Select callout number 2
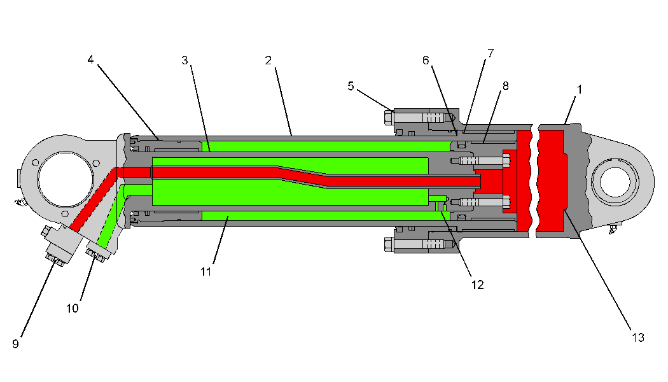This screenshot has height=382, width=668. click(268, 60)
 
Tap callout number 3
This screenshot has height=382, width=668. click(185, 60)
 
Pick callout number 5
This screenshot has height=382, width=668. click(351, 86)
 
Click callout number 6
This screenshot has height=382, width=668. click(426, 60)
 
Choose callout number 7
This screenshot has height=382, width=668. click(491, 53)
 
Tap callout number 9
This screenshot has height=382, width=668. click(15, 344)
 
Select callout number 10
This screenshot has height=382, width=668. click(73, 308)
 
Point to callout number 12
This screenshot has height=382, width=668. click(477, 285)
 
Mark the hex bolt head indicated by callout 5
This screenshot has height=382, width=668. click(389, 118)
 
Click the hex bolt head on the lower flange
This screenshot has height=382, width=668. click(389, 244)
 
